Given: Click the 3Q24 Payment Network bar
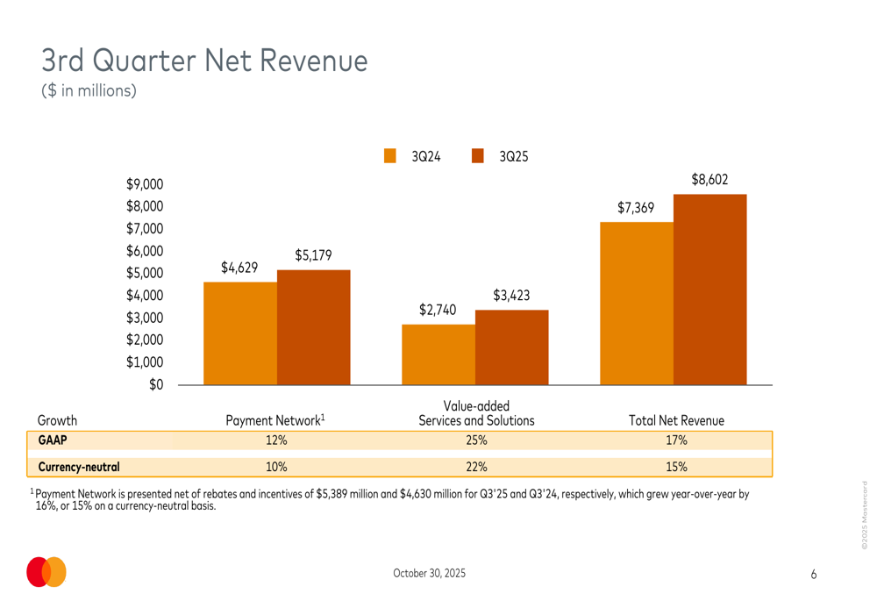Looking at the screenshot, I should click(x=240, y=333).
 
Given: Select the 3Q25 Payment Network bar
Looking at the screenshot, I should click(x=314, y=326).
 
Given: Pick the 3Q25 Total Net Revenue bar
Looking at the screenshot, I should click(x=710, y=289).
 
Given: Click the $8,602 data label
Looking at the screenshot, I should click(x=709, y=180).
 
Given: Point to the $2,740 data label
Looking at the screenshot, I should click(x=437, y=310).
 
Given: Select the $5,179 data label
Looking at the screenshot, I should click(x=313, y=255).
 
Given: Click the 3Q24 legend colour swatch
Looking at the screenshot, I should click(x=390, y=156).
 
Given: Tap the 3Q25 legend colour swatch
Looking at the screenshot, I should click(x=478, y=156).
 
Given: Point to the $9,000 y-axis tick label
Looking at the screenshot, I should click(x=145, y=184).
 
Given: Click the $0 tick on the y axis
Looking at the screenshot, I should click(x=156, y=384).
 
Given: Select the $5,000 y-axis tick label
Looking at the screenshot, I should click(x=145, y=273).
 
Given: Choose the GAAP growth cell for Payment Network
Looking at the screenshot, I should click(x=277, y=440).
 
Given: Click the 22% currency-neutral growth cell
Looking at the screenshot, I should click(x=476, y=467).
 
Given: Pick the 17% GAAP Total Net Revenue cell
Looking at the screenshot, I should click(x=676, y=440).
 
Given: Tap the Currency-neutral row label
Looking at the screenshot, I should click(x=80, y=467).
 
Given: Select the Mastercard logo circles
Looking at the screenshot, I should click(x=46, y=572).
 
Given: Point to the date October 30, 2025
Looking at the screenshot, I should click(x=430, y=573).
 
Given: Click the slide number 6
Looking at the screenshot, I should click(x=814, y=574).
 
